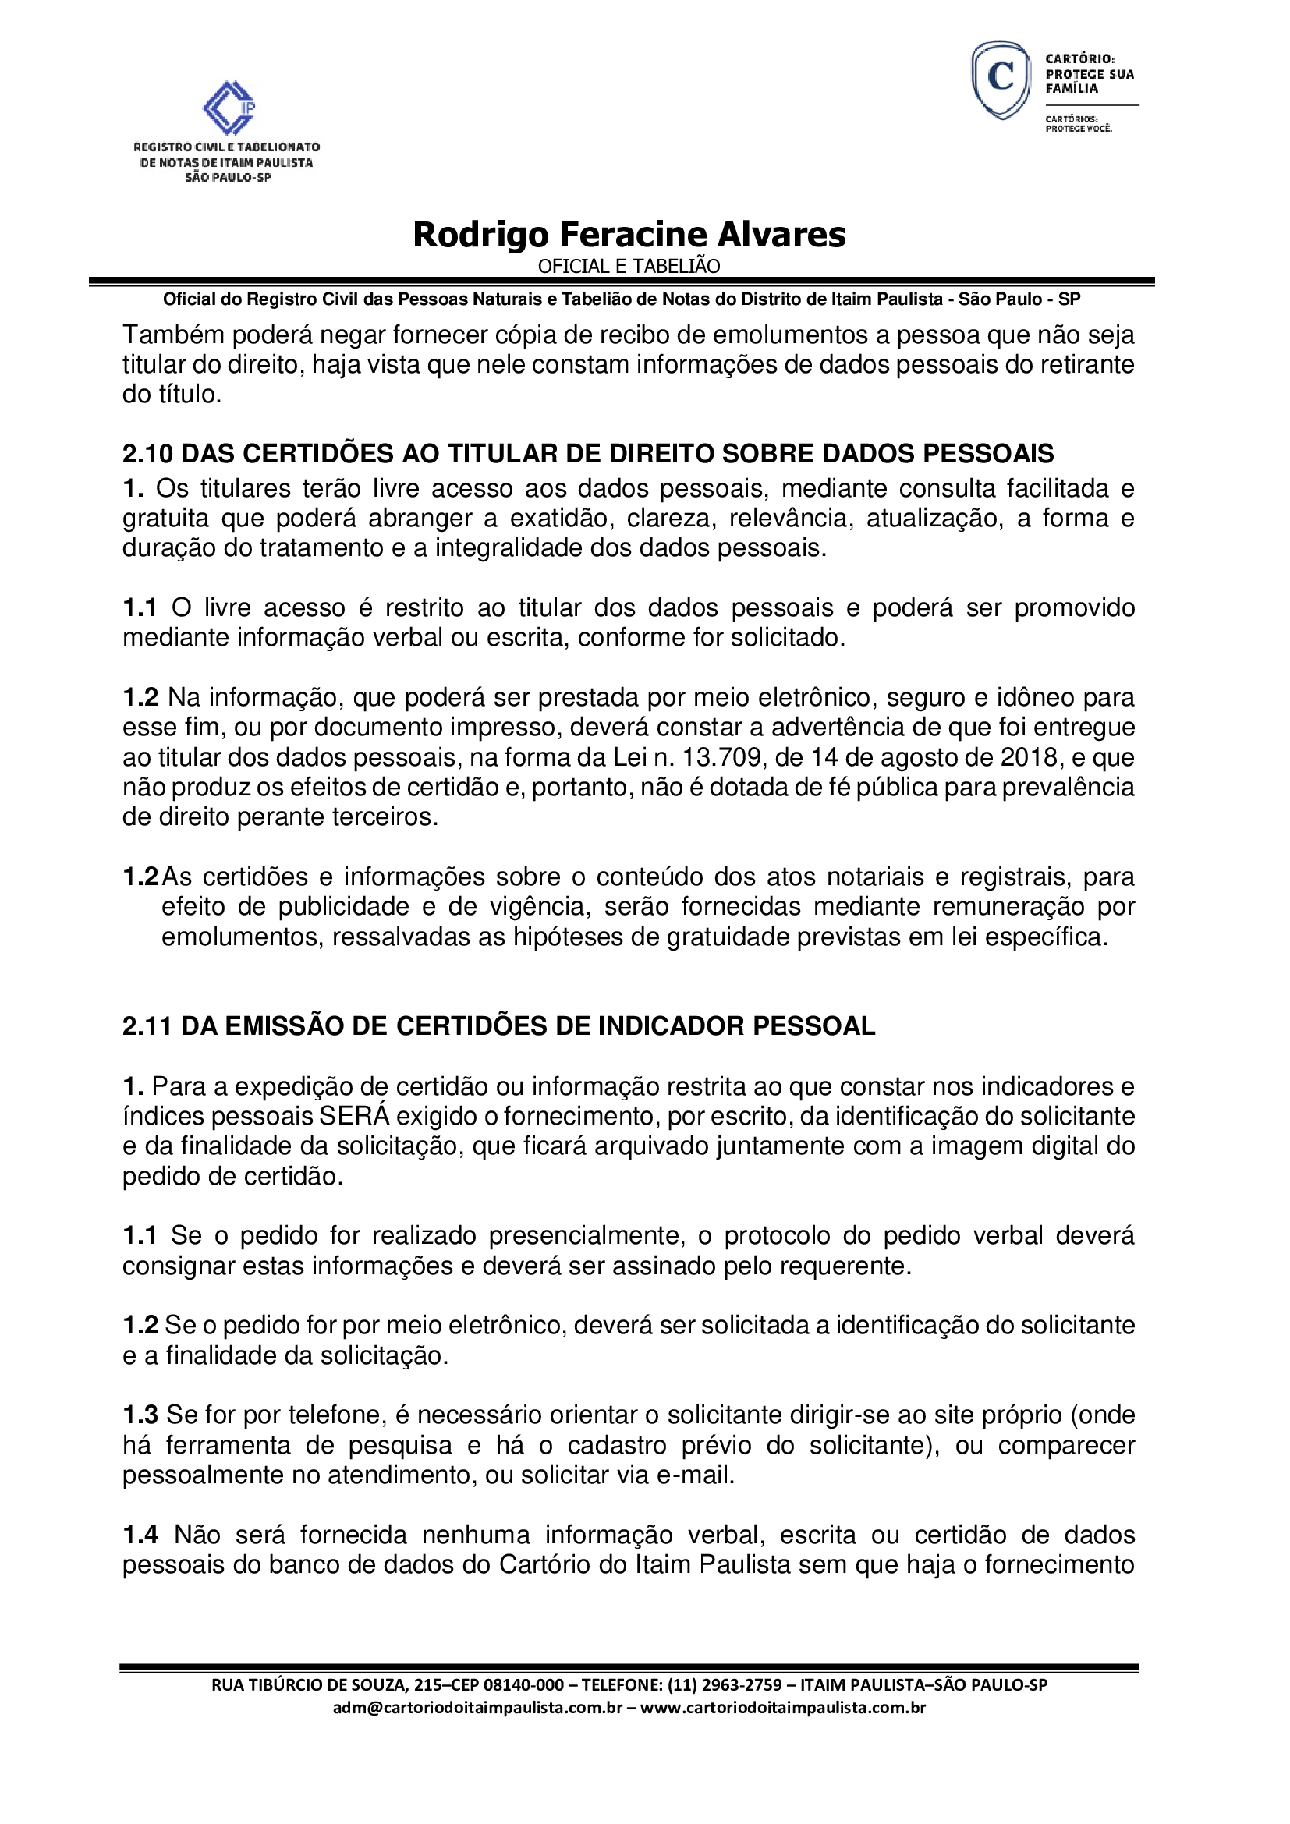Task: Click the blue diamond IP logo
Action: pos(228,108)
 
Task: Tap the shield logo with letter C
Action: pos(1001,80)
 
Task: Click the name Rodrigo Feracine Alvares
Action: pos(629,235)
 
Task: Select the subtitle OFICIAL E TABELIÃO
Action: pos(629,266)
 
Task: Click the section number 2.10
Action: pos(147,454)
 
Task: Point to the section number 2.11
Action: pos(147,1025)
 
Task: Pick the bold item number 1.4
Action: pos(140,1534)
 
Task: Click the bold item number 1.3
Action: pos(140,1415)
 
